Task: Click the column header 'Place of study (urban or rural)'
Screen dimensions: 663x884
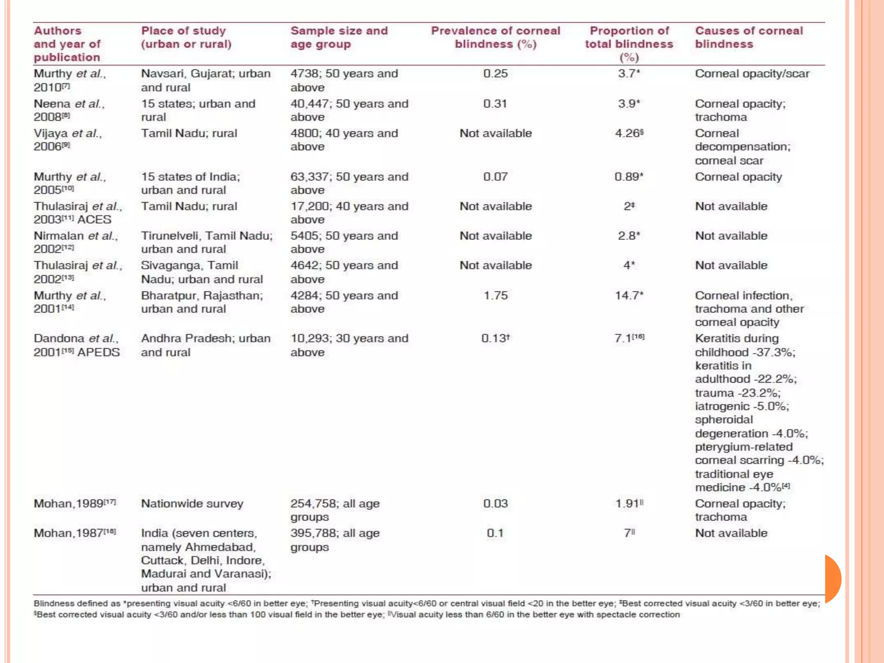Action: click(186, 38)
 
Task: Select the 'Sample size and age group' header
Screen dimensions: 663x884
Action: click(339, 38)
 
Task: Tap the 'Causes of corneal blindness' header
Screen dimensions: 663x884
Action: click(748, 38)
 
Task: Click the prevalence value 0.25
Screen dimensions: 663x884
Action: click(495, 74)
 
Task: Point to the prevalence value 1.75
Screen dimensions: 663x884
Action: click(495, 296)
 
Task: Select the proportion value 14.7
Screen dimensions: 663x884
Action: click(628, 296)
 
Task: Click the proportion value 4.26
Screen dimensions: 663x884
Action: click(628, 133)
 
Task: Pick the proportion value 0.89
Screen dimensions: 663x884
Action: click(628, 177)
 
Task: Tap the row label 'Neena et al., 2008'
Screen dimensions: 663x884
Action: click(69, 110)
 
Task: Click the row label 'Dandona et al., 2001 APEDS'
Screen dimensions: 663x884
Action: click(76, 345)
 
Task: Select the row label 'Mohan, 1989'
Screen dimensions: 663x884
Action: click(74, 504)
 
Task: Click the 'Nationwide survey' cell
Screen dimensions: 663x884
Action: click(192, 504)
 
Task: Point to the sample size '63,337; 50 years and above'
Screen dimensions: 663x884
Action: click(349, 183)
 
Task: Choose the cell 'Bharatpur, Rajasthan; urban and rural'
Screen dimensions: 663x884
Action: click(202, 302)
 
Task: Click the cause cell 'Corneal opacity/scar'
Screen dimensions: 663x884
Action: click(752, 74)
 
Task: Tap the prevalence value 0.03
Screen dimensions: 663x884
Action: click(495, 504)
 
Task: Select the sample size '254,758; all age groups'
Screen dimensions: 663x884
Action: click(335, 510)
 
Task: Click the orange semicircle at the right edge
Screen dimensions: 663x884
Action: click(833, 578)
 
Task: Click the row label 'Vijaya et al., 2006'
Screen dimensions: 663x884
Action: click(68, 140)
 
